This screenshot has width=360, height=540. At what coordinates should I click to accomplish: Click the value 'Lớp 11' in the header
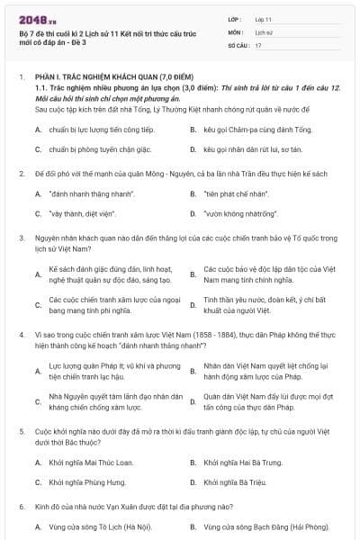point(265,18)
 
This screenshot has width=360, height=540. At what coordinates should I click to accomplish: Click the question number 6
point(21,507)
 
